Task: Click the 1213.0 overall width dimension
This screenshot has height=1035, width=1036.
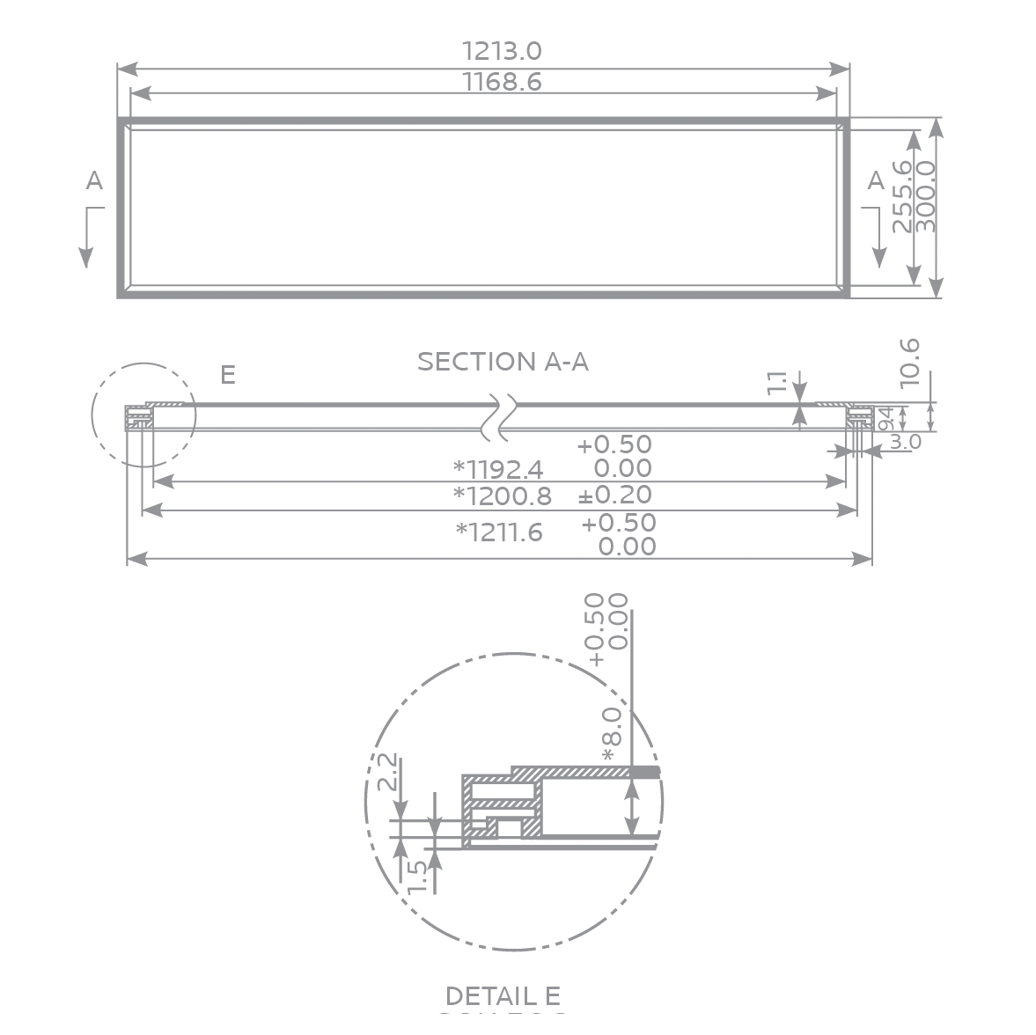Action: (x=502, y=51)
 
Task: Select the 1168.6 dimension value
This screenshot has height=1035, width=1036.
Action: (x=502, y=82)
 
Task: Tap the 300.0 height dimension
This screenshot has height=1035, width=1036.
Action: (x=926, y=195)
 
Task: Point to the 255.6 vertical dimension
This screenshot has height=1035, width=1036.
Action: (x=902, y=195)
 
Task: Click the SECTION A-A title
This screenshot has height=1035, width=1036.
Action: (x=503, y=362)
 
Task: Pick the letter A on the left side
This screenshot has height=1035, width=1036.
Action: (x=94, y=180)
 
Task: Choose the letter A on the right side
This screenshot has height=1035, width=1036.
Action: (x=875, y=180)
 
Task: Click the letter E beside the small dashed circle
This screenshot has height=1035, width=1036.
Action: (x=227, y=375)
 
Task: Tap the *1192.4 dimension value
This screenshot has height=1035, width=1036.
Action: (x=498, y=467)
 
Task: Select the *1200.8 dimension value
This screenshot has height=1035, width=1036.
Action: (x=502, y=496)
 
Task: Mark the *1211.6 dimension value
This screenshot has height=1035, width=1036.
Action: (x=499, y=532)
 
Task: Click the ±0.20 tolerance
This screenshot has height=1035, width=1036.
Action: (x=615, y=495)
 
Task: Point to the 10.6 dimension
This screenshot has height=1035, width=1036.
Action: (x=910, y=362)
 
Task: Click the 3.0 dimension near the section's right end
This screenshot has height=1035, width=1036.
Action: (x=904, y=441)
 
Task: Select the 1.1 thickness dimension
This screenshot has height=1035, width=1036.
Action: (x=777, y=382)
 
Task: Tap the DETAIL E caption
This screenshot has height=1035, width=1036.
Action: (x=503, y=995)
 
